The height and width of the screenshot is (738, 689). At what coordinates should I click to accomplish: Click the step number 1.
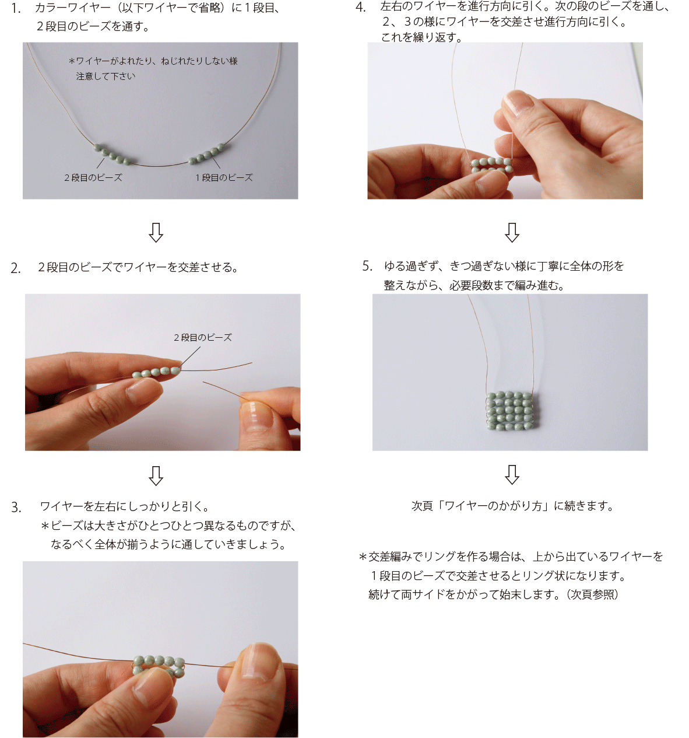coord(16,9)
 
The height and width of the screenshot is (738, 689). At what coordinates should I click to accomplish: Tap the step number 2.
coord(16,268)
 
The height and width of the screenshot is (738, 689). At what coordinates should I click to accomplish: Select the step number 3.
coord(16,507)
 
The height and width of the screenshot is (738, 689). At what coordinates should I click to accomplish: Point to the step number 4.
coord(360,7)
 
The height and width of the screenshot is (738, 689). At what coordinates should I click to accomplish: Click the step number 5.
coord(367,265)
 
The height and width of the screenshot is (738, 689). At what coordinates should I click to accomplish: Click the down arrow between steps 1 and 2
coord(156,233)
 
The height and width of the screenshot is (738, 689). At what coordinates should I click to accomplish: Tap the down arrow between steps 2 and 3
coord(156,475)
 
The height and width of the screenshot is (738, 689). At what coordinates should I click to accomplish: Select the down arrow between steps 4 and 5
coord(512,233)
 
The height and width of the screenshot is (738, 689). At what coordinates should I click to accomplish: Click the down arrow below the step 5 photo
coord(512,474)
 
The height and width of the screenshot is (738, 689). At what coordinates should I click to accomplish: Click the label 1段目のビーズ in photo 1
coord(224,177)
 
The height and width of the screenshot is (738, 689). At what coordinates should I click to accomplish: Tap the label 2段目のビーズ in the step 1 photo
coord(93,177)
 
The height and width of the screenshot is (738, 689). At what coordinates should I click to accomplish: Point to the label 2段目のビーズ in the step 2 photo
coord(202,337)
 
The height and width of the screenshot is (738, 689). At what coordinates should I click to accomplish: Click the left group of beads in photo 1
coord(112,155)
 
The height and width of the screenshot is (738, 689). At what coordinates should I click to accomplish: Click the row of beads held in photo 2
coord(156,372)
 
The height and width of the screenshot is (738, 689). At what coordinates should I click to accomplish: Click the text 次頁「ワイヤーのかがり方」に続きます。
coord(512,506)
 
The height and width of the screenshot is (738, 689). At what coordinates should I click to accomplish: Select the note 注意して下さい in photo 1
coord(106,76)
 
